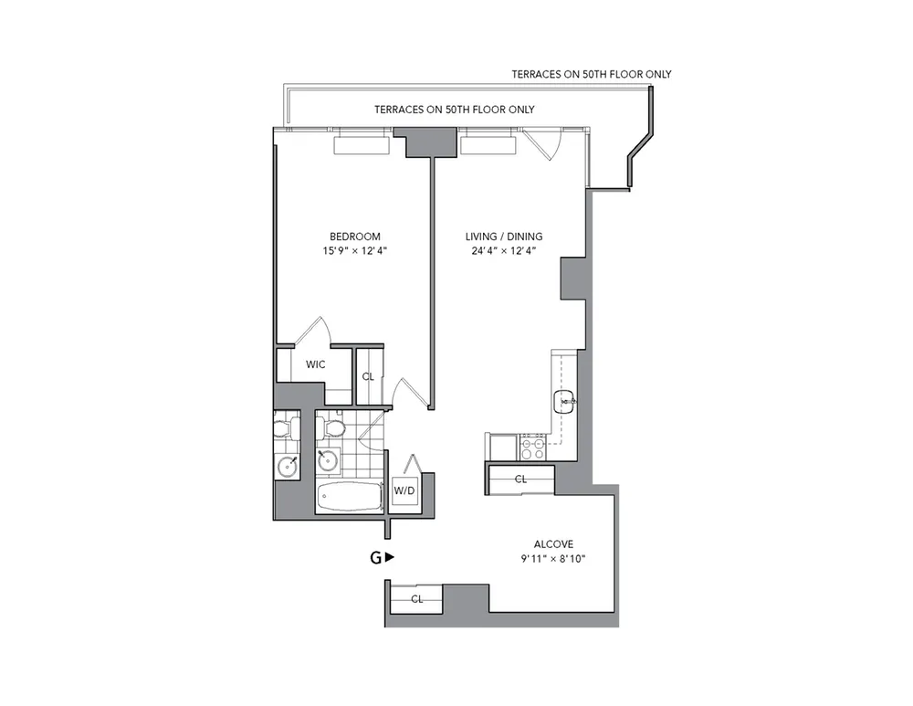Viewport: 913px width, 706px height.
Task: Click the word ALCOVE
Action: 553,544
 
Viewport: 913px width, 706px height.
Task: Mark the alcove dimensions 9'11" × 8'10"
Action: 553,558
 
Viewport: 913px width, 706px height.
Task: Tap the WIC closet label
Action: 315,364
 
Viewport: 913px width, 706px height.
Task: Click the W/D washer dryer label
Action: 404,490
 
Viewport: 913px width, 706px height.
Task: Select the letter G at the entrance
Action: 374,557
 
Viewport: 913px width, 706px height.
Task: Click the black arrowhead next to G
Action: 390,557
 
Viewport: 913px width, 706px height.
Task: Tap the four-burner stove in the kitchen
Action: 532,447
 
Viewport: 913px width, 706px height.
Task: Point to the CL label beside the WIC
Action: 368,375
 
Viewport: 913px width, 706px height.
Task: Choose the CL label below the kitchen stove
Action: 520,479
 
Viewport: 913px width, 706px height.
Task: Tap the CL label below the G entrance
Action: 416,599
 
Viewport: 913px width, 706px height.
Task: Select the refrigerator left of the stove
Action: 503,447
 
